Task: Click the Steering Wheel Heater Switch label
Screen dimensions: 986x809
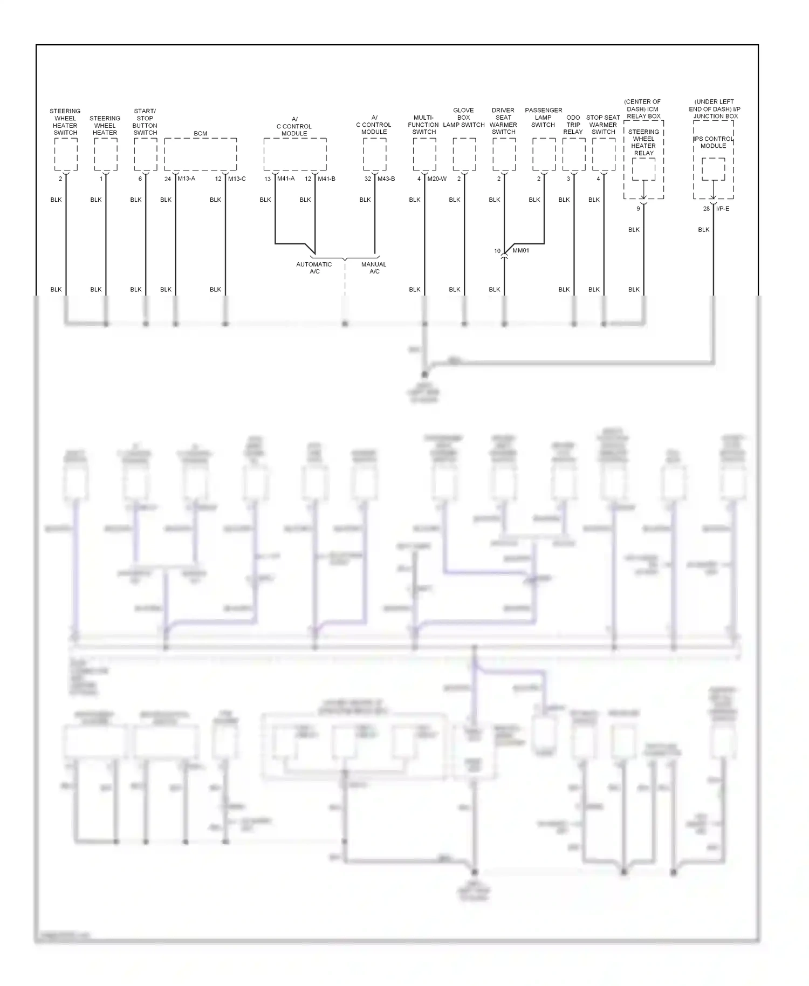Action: click(65, 122)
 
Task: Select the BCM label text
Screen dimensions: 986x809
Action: click(200, 133)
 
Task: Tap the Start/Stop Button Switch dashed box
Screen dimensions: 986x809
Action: click(145, 154)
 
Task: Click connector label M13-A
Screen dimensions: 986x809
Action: click(186, 179)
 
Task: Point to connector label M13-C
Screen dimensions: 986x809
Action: click(237, 179)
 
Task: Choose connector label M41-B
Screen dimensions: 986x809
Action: click(326, 179)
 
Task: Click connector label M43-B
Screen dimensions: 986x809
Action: click(386, 179)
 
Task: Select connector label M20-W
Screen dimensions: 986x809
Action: click(437, 179)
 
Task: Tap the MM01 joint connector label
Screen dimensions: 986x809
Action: click(520, 251)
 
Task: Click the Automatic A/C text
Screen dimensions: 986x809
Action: click(314, 268)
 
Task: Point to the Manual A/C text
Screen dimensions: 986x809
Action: click(374, 268)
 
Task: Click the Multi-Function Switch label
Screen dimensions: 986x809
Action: click(424, 125)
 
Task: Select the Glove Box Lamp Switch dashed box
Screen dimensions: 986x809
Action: click(464, 154)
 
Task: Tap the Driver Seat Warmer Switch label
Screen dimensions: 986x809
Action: click(503, 121)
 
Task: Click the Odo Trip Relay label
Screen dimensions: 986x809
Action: click(573, 125)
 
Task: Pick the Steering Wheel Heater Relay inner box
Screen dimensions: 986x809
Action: click(643, 169)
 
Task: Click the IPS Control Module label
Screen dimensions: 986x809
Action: click(714, 142)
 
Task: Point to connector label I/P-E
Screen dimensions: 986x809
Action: click(723, 209)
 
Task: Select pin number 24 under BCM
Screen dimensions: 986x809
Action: click(168, 179)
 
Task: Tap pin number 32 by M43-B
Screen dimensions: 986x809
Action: click(368, 179)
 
